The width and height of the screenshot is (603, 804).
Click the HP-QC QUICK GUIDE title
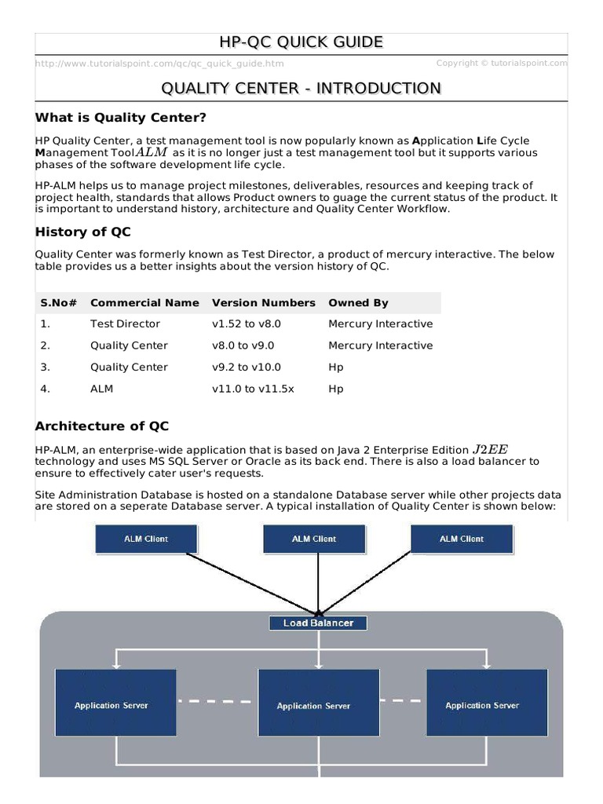301,42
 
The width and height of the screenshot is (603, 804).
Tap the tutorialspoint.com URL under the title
160,64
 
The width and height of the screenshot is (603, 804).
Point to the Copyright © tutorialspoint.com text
501,63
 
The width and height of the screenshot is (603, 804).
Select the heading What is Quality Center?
121,118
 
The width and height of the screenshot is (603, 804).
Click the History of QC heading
83,232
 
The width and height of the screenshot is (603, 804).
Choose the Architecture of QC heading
102,426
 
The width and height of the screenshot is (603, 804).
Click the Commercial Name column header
144,303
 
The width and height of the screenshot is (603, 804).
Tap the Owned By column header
358,303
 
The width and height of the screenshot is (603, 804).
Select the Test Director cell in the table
125,324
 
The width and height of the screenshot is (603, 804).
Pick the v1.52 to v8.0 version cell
246,324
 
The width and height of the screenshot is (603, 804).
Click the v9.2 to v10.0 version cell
246,367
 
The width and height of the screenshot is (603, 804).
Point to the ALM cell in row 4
102,389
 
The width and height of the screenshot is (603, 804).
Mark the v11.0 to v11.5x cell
253,389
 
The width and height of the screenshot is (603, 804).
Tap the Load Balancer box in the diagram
318,623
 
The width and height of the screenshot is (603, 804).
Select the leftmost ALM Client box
146,539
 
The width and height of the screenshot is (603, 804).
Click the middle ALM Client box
314,539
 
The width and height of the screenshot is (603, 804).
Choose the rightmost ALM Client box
462,539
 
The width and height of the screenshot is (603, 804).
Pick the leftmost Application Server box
111,705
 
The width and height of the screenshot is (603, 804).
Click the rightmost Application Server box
483,705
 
